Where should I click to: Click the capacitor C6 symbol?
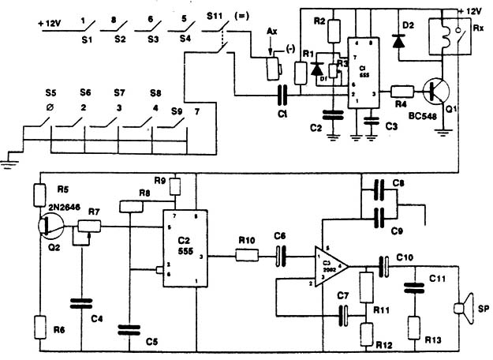280,256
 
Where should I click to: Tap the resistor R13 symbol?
413,324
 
